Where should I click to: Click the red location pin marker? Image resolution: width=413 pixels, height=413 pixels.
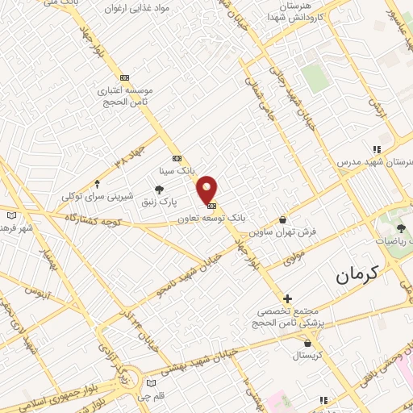pyautogui.click(x=207, y=189)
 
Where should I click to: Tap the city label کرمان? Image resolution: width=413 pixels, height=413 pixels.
pyautogui.click(x=357, y=275)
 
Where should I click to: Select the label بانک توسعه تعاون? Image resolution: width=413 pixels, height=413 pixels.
pyautogui.click(x=216, y=218)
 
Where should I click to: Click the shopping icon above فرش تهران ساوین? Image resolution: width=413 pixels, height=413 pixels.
pyautogui.click(x=282, y=219)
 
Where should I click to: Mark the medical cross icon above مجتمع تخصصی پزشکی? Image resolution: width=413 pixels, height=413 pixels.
pyautogui.click(x=286, y=298)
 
